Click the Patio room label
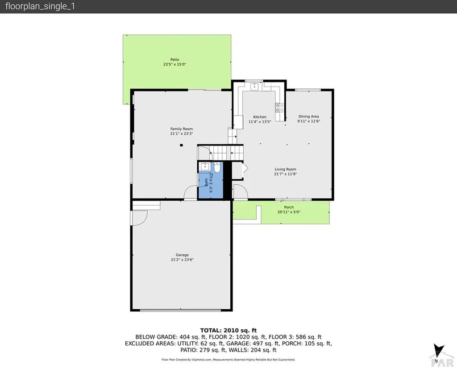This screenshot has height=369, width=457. pyautogui.click(x=174, y=59)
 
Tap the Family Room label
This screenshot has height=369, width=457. pyautogui.click(x=181, y=129)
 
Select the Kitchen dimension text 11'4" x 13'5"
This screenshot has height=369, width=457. pyautogui.click(x=260, y=121)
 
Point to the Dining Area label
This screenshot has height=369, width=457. pyautogui.click(x=308, y=116)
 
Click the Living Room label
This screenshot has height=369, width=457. pyautogui.click(x=285, y=169)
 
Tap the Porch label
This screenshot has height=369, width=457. pyautogui.click(x=289, y=207)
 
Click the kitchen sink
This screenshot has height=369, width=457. pyautogui.click(x=255, y=86)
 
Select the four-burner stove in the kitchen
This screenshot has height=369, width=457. pyautogui.click(x=279, y=107)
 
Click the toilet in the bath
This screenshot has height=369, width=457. pyautogui.click(x=217, y=168)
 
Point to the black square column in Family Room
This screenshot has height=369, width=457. pyautogui.click(x=181, y=145)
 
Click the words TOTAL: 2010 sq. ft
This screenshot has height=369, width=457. pyautogui.click(x=228, y=330)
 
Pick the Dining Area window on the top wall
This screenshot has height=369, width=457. pyautogui.click(x=308, y=90)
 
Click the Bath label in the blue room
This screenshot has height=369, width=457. pyautogui.click(x=206, y=183)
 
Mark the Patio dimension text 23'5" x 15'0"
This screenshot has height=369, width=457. pyautogui.click(x=174, y=64)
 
